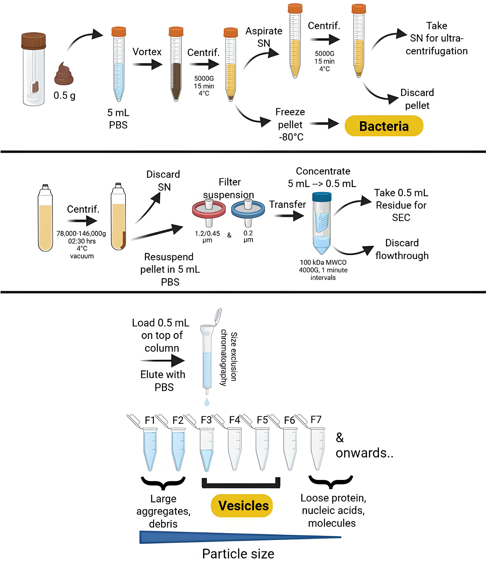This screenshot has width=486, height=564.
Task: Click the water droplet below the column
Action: click(x=207, y=402)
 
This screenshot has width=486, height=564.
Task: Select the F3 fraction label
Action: click(x=206, y=420)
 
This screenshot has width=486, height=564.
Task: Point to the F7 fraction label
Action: click(x=316, y=419)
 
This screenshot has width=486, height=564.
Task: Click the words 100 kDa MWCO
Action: click(x=323, y=262)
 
